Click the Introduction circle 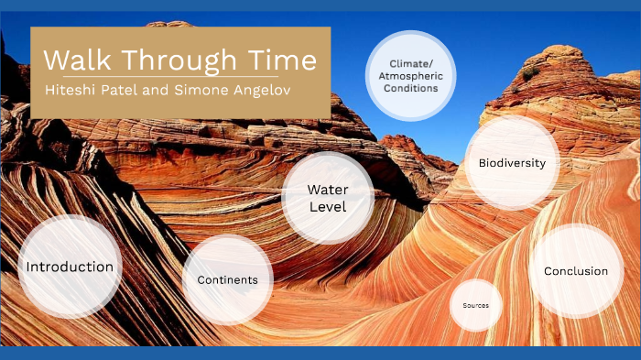70,267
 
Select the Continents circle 228,279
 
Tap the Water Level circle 328,198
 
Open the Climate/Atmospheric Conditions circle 409,76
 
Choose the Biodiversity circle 512,163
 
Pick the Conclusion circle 575,270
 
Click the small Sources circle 476,305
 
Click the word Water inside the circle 328,190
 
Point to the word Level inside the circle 328,207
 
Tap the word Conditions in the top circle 409,89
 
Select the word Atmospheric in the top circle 409,76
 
